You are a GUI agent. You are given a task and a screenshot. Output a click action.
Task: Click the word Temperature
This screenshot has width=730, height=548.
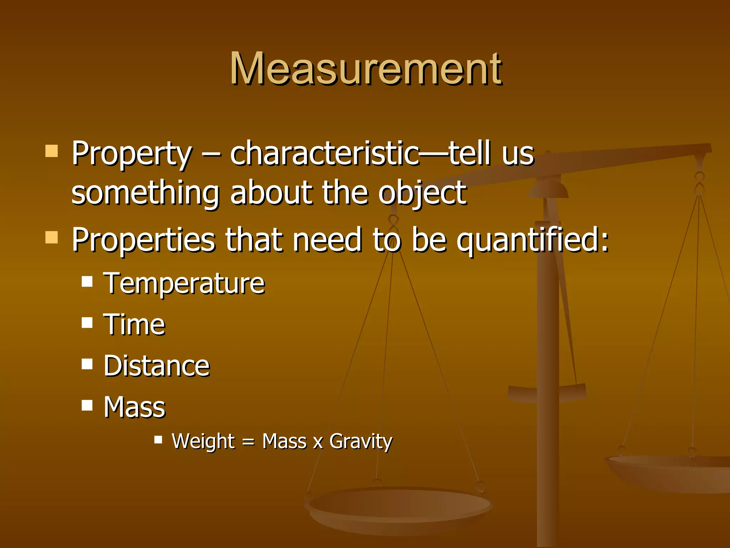pyautogui.click(x=184, y=283)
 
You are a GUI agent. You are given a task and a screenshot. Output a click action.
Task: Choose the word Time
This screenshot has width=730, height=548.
pyautogui.click(x=134, y=325)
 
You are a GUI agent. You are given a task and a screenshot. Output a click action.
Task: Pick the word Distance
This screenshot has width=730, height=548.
pyautogui.click(x=156, y=366)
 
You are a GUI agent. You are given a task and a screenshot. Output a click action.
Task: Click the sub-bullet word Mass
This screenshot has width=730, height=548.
pyautogui.click(x=134, y=407)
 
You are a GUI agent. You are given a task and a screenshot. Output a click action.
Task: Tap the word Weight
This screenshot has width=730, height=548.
pyautogui.click(x=203, y=441)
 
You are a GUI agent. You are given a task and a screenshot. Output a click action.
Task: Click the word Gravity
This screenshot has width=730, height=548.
pyautogui.click(x=360, y=442)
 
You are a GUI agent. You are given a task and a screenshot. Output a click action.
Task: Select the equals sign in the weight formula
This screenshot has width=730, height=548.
pyautogui.click(x=248, y=443)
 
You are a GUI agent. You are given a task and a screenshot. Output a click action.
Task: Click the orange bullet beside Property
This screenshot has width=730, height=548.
pyautogui.click(x=52, y=151)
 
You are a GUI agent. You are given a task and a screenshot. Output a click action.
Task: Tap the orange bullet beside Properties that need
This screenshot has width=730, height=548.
pyautogui.click(x=52, y=237)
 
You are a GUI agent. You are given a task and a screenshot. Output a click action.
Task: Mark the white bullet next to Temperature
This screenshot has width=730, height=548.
pyautogui.click(x=87, y=281)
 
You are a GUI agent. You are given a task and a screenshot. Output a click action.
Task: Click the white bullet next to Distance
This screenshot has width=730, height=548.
pyautogui.click(x=87, y=364)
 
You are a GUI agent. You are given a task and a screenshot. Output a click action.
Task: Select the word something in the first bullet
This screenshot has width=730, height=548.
pyautogui.click(x=145, y=193)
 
